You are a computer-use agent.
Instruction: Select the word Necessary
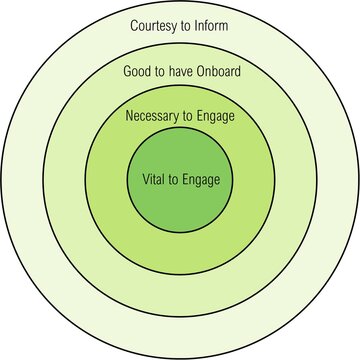[x=154, y=116]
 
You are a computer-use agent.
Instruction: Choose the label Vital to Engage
[x=180, y=180]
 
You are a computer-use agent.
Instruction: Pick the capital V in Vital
[x=132, y=180]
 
